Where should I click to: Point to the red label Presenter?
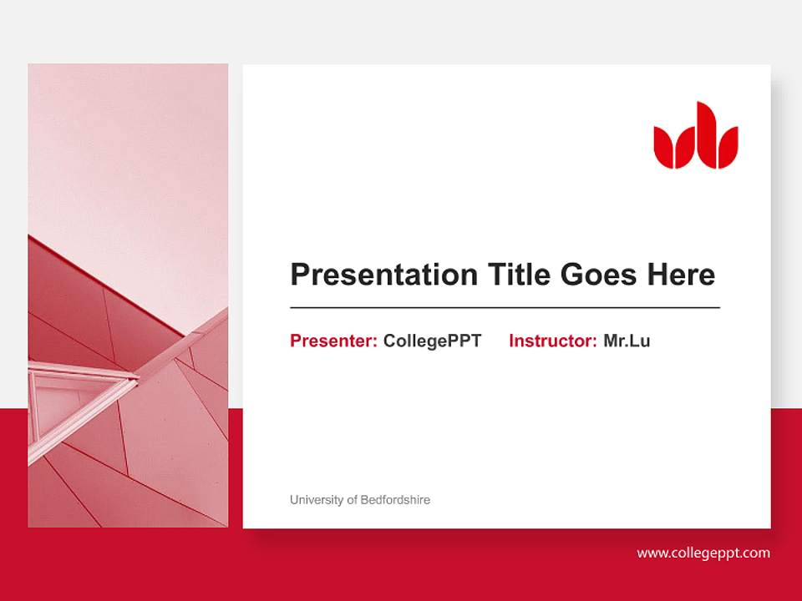(333, 341)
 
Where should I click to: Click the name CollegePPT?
(432, 341)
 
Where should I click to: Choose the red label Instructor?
(552, 341)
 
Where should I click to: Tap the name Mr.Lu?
(627, 341)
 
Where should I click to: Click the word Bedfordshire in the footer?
(396, 500)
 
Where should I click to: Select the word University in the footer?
(317, 500)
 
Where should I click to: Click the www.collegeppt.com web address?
(703, 553)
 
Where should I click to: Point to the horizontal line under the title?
(505, 308)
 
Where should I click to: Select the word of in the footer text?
(353, 500)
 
